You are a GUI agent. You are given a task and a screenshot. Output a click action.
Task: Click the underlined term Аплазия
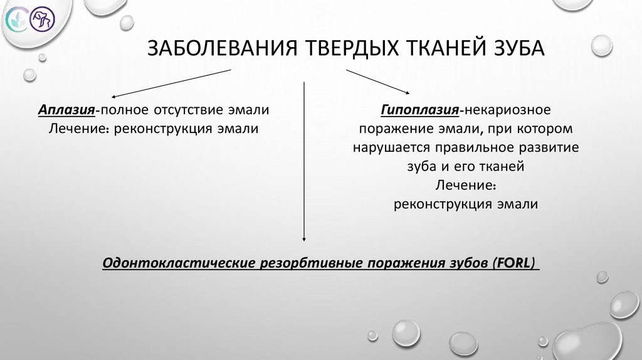(66, 110)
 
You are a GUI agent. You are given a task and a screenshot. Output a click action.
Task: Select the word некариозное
(507, 110)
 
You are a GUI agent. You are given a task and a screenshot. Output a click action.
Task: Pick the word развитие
(554, 148)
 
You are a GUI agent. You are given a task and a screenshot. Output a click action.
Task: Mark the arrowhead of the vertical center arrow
(304, 238)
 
